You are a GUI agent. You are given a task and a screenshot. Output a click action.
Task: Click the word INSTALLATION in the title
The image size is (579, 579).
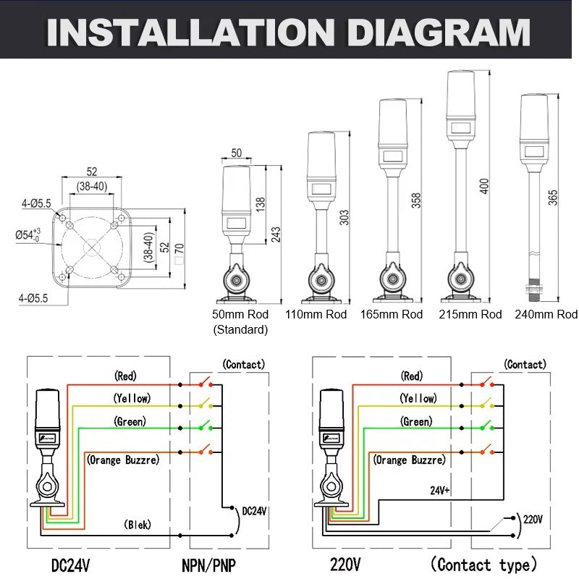(x=187, y=32)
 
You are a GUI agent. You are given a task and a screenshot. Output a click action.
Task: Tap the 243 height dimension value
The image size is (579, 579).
(x=276, y=234)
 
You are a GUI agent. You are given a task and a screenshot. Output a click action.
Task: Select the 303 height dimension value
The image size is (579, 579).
(x=344, y=217)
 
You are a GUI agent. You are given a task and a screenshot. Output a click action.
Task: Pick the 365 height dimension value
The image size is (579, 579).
(x=553, y=197)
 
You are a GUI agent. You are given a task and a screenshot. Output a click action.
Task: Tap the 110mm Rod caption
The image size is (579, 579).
(x=316, y=315)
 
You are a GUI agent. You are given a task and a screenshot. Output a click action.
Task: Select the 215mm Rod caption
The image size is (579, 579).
(x=470, y=315)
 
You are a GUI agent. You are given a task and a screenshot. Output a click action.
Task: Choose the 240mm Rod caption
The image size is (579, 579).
(x=546, y=315)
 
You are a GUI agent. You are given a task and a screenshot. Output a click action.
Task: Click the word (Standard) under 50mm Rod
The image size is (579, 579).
(x=240, y=330)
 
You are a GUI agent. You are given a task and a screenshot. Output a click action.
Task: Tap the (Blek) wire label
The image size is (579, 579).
(x=137, y=525)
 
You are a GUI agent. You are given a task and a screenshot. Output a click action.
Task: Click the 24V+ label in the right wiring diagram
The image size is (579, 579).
(x=440, y=490)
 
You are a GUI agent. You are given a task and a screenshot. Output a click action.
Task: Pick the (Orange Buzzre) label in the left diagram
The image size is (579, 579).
(x=123, y=460)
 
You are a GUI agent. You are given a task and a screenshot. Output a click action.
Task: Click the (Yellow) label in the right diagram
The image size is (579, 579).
(x=418, y=399)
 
